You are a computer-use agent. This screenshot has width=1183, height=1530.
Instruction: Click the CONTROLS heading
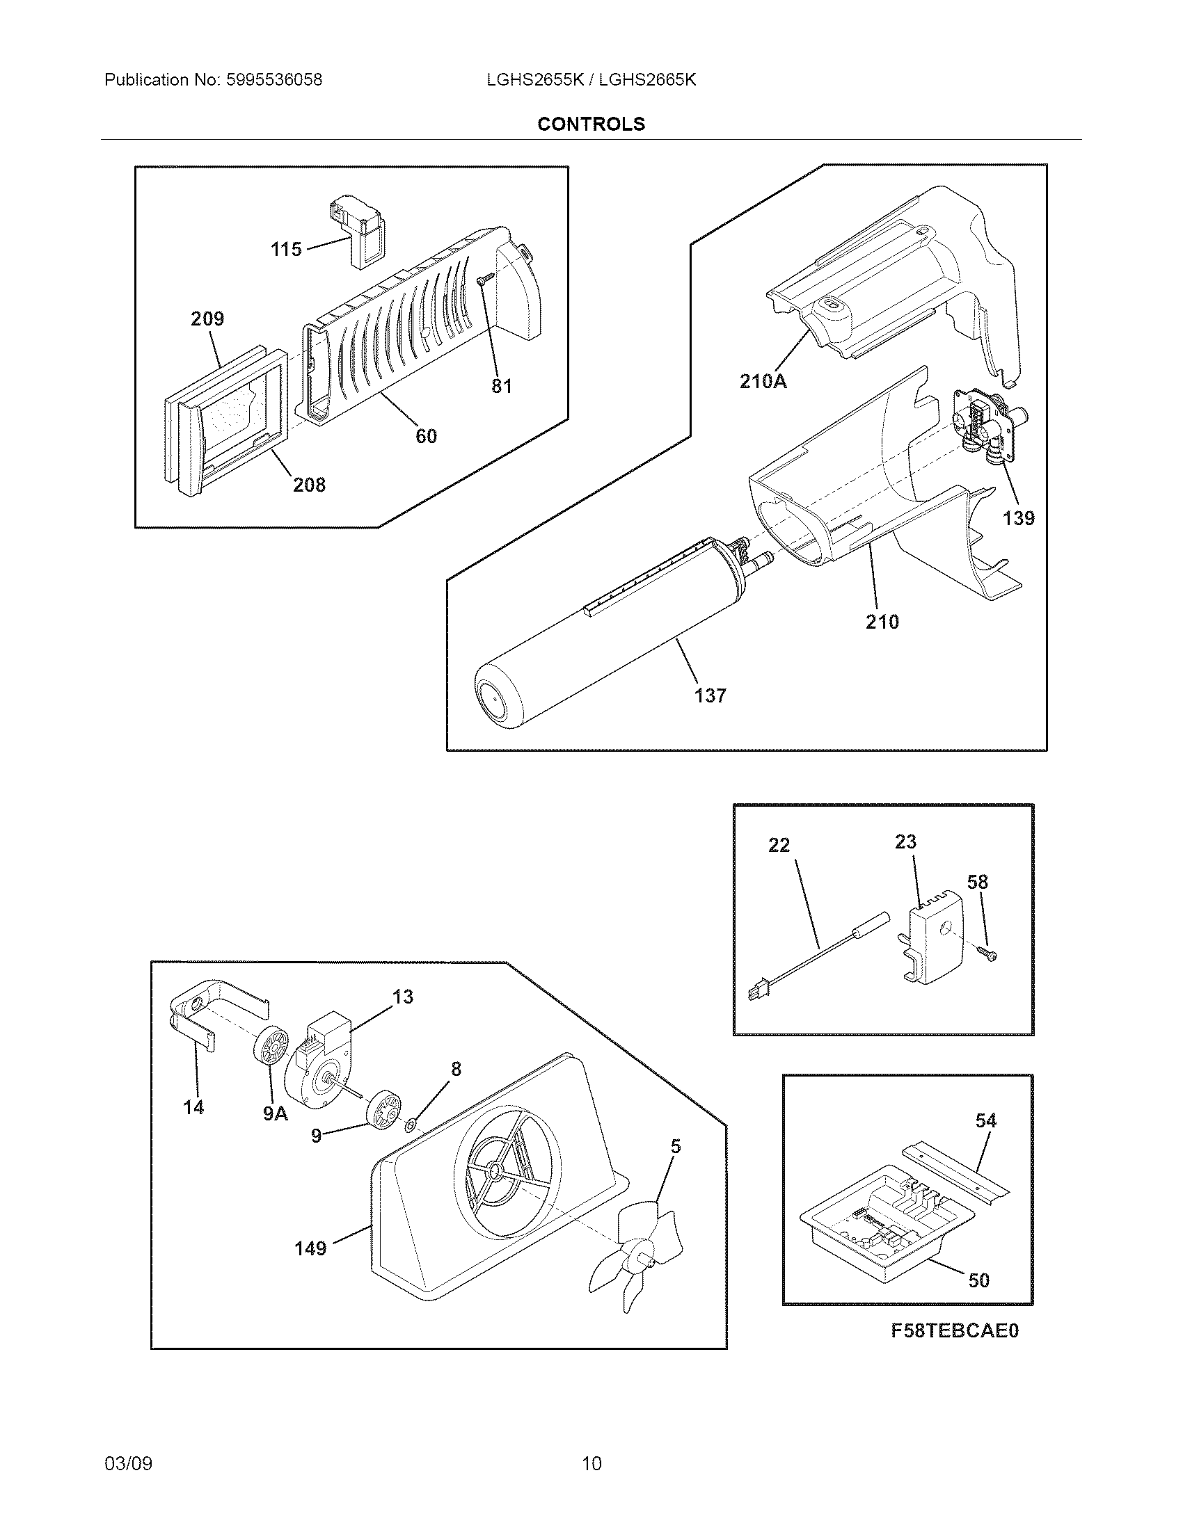591,124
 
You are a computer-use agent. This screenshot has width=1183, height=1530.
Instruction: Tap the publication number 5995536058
274,80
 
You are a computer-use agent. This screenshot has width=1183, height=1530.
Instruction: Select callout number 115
286,249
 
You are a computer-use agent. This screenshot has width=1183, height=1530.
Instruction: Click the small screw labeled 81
483,280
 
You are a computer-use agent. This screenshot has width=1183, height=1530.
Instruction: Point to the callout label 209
207,319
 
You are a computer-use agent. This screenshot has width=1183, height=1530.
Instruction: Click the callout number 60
426,436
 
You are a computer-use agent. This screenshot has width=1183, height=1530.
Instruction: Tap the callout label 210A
763,381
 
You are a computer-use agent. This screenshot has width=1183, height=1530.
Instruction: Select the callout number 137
710,695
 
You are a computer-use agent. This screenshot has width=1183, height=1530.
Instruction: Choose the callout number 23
905,841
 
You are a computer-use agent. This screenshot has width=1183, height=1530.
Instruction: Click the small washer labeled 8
411,1126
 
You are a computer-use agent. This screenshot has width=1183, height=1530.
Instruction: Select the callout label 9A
276,1113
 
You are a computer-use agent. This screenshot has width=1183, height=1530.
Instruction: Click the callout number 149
310,1248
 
